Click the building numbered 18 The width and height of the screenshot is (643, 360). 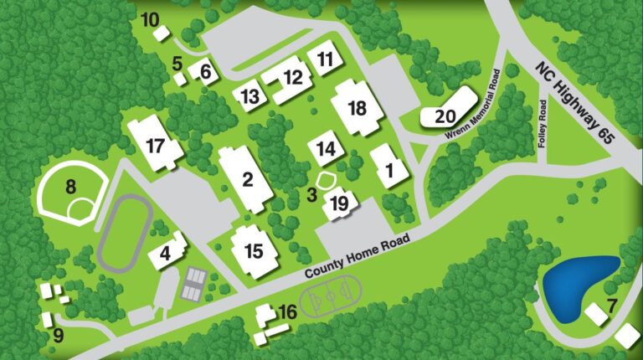pos(357,108)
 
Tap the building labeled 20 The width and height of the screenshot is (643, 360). pos(445,116)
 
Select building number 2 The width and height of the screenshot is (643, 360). pos(247,178)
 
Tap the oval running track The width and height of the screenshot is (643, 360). pos(124,234)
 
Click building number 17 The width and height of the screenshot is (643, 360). pos(155,145)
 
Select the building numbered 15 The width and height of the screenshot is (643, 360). pos(254,249)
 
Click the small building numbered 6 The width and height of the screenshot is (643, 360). pos(205,72)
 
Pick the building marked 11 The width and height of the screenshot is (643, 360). pos(325,59)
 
